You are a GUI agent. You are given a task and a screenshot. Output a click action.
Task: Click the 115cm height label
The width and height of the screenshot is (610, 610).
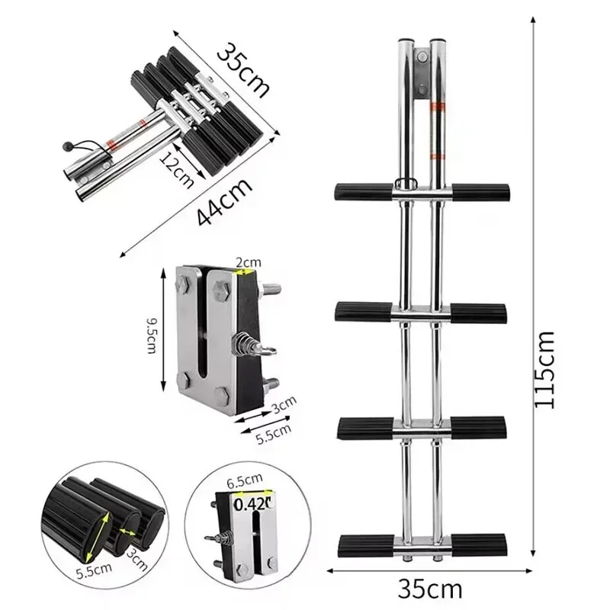tap(551, 368)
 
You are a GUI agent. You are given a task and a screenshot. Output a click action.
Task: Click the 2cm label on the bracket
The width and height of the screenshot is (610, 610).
tap(248, 262)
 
